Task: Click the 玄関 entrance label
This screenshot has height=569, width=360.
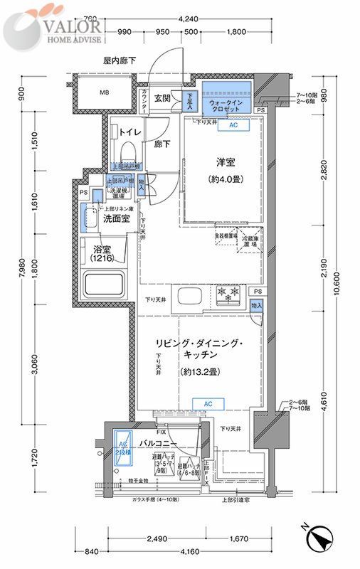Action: coord(162,98)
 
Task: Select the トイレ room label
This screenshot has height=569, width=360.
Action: coord(129,132)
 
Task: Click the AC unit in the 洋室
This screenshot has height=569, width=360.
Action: coord(233,124)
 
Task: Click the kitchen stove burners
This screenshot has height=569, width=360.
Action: coord(229,294)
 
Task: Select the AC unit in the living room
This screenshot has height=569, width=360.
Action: coord(208,404)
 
